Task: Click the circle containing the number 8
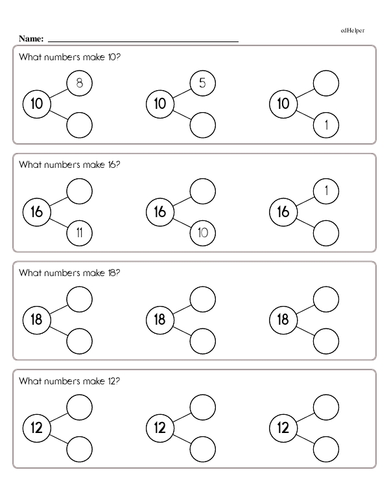pos(80,83)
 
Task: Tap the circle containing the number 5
pos(202,83)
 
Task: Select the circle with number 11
pos(80,233)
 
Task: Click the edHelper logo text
pos(353,30)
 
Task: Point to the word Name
pos(31,39)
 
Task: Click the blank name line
pos(143,41)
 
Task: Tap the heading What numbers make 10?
pos(69,57)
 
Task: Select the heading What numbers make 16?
pos(69,165)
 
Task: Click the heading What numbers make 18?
pos(69,273)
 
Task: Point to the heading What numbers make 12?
pos(69,381)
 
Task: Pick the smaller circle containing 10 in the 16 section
pos(202,233)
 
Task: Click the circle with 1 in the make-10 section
pos(325,125)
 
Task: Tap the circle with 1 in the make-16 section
pos(325,191)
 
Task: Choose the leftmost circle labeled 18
pos(37,320)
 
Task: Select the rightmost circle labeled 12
pos(283,428)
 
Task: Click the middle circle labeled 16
pos(160,212)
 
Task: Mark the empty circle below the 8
pos(80,125)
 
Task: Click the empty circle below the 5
pos(202,125)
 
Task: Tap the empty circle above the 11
pos(80,191)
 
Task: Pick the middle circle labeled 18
pos(160,320)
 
